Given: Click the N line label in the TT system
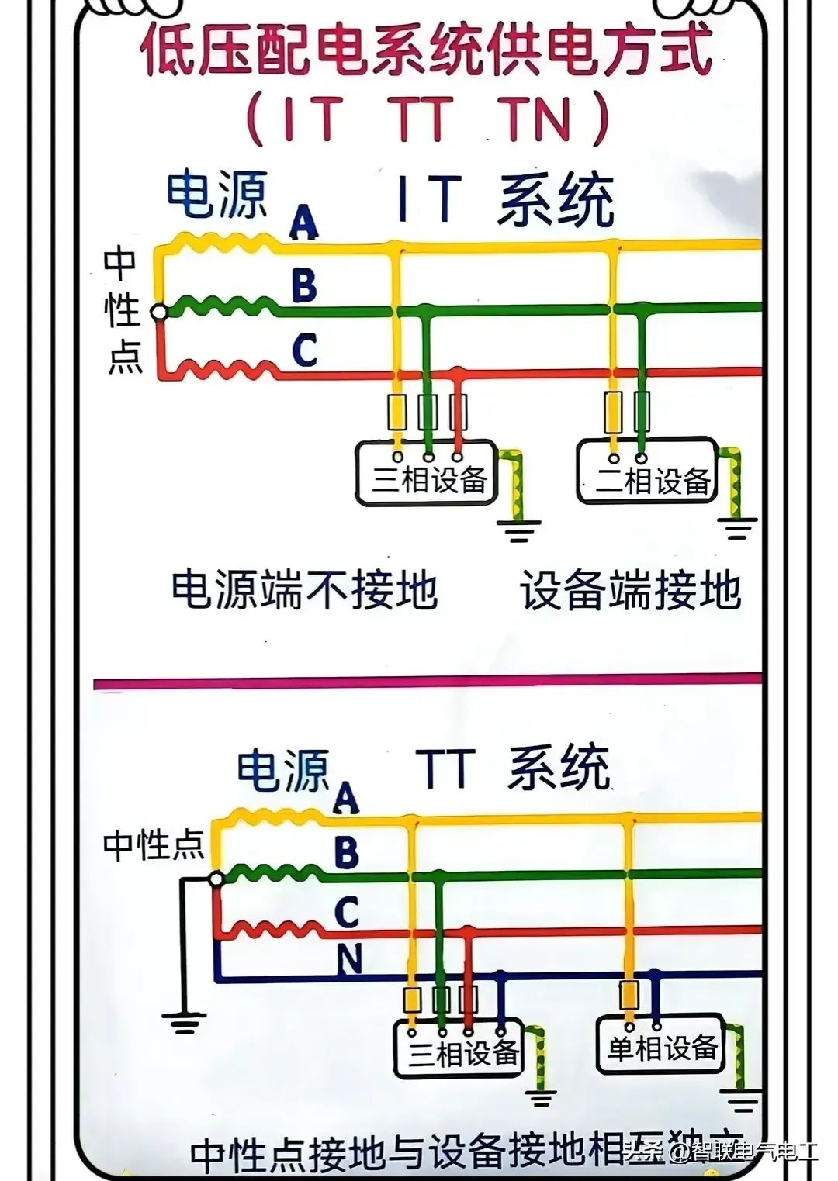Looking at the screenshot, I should (x=348, y=960).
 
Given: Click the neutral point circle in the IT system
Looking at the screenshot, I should (x=158, y=312).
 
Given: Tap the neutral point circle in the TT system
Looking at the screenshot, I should (x=216, y=879).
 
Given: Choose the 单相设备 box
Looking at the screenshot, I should (x=660, y=1046).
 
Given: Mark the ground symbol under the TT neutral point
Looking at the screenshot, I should (x=184, y=1022).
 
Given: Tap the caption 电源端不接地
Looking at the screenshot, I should (x=304, y=591).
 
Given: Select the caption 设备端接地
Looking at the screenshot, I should (x=630, y=591).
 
